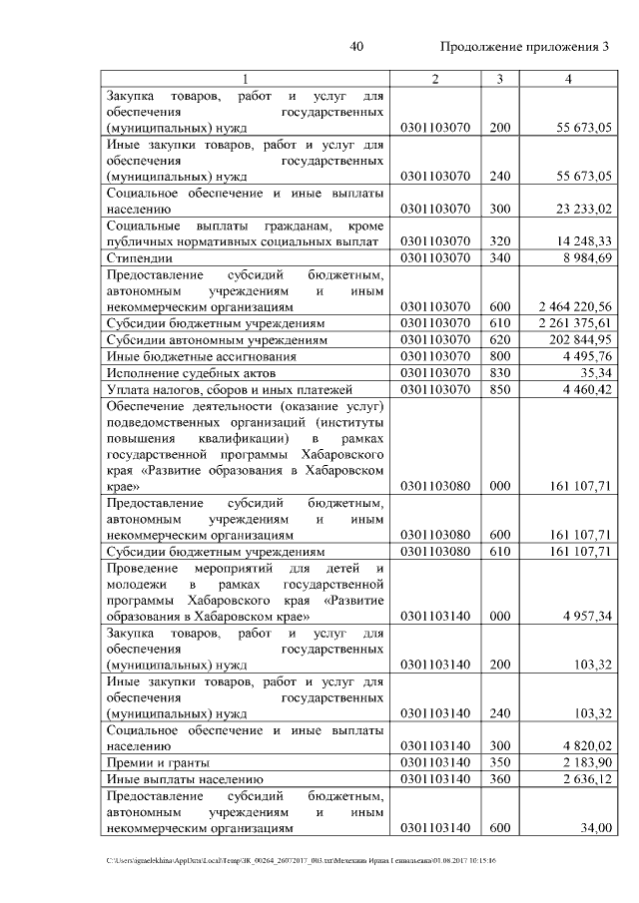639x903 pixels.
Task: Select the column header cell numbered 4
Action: pyautogui.click(x=568, y=79)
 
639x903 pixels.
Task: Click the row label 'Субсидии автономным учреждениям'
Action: pyautogui.click(x=214, y=339)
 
